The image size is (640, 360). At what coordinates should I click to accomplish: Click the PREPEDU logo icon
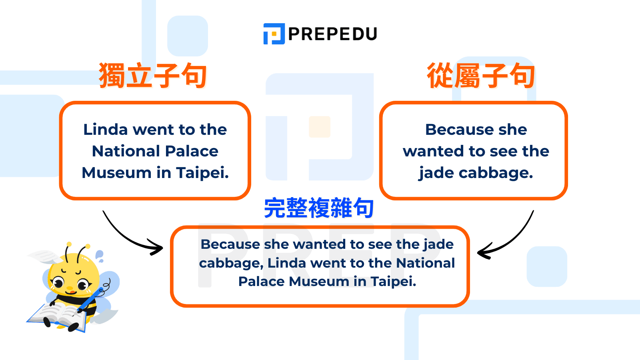click(274, 34)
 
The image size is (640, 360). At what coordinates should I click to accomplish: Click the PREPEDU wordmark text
click(332, 34)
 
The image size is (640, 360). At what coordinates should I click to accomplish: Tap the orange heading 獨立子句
click(153, 75)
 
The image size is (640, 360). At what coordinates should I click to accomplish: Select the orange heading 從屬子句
click(481, 75)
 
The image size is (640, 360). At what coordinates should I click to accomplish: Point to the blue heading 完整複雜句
click(319, 208)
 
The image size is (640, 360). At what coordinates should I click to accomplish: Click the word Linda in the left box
click(105, 130)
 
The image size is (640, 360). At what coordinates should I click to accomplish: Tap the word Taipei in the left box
click(202, 173)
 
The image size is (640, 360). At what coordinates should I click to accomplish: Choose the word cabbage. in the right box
click(496, 173)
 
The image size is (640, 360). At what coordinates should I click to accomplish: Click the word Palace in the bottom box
click(262, 282)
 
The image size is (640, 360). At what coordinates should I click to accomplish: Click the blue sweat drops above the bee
click(99, 256)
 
